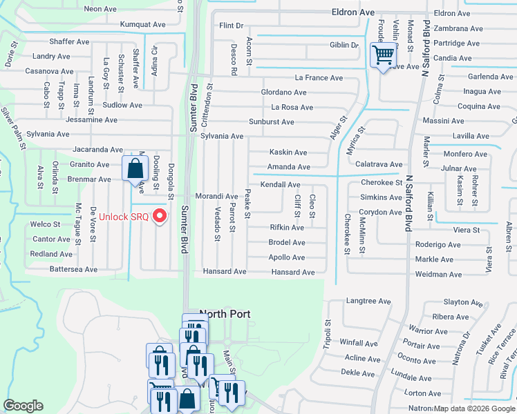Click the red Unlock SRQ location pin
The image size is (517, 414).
click(x=161, y=216)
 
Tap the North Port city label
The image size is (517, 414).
click(x=225, y=314)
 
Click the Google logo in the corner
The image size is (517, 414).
click(x=23, y=406)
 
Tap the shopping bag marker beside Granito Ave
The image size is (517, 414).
click(x=135, y=168)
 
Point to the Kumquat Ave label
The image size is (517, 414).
click(x=142, y=24)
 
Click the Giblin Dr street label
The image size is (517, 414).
click(x=344, y=46)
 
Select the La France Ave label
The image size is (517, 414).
click(x=319, y=78)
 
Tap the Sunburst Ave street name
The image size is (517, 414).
click(x=272, y=122)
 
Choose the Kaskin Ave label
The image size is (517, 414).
click(x=288, y=152)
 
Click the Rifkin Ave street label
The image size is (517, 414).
click(x=286, y=228)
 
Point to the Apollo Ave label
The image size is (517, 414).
click(x=286, y=257)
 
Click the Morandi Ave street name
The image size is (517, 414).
click(x=216, y=197)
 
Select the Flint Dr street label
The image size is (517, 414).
click(x=232, y=26)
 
